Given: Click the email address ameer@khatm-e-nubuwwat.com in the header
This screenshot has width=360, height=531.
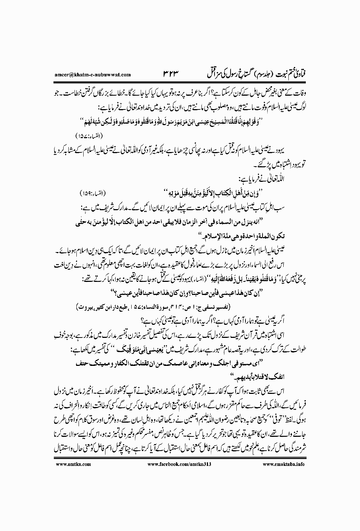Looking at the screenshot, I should coord(89,75).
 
